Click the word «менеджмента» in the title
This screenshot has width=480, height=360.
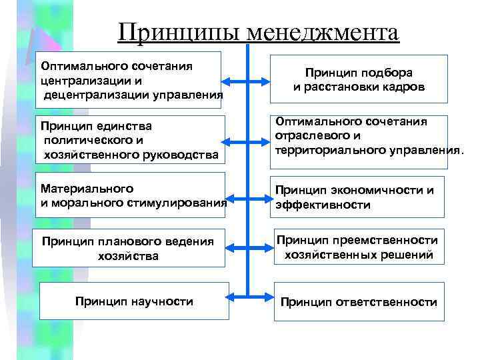tap(321, 31)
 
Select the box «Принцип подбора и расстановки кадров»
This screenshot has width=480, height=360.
tap(359, 79)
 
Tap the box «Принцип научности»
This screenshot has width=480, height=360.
tap(134, 301)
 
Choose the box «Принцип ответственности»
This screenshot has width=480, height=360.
tap(359, 302)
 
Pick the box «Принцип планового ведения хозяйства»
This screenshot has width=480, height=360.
tap(128, 248)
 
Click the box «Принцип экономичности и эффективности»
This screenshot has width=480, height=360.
tap(357, 198)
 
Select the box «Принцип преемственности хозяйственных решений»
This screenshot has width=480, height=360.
tap(359, 247)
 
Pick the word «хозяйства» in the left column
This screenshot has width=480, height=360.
tap(128, 255)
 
